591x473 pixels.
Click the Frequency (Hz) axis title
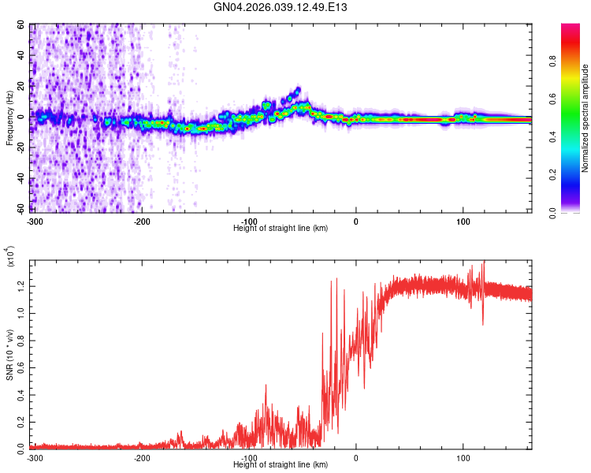[x=9, y=117]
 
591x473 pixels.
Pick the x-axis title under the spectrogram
[x=281, y=228]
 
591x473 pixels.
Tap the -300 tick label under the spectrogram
[x=34, y=221]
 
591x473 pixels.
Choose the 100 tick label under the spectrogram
[x=463, y=221]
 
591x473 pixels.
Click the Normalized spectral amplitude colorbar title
[x=585, y=118]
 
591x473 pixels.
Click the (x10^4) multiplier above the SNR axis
[x=10, y=255]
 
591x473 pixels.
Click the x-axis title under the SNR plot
[x=281, y=464]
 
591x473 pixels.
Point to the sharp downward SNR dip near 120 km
[x=483, y=323]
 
